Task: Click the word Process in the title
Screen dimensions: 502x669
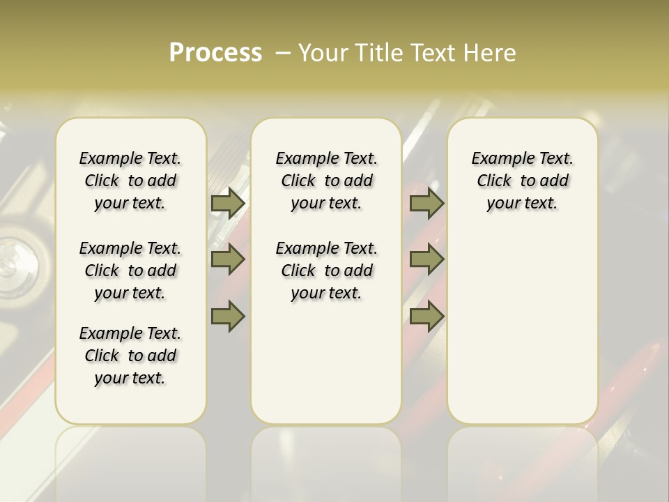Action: click(215, 53)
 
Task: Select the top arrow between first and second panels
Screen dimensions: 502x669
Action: click(227, 204)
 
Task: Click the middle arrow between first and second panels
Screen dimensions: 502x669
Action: click(227, 259)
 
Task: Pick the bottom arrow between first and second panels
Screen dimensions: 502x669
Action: click(227, 316)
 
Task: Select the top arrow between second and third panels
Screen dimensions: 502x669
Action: click(426, 204)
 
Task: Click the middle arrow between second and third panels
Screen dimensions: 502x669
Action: click(426, 259)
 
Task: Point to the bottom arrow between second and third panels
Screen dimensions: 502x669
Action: click(426, 316)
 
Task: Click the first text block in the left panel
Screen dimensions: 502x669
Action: click(130, 181)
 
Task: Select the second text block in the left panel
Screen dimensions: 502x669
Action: click(130, 271)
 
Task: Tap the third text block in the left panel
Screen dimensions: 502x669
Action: click(130, 356)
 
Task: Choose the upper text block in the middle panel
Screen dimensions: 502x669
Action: click(326, 181)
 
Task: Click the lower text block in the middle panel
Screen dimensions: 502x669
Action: click(326, 271)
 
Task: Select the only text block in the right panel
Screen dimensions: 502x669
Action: click(522, 181)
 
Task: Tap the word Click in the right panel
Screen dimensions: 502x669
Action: click(494, 181)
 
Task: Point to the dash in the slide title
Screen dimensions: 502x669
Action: click(283, 53)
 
